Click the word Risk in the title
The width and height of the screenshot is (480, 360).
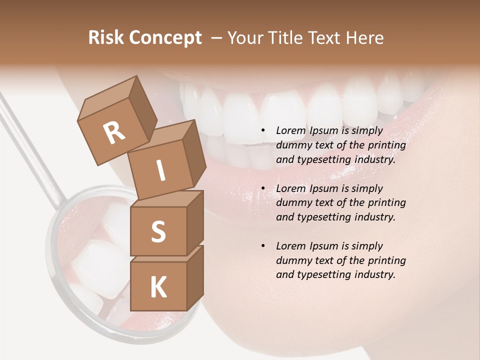(x=106, y=38)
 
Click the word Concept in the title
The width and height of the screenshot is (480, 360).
(x=165, y=38)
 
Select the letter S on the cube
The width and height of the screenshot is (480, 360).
(x=158, y=232)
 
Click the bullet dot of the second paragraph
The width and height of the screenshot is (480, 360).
(x=263, y=188)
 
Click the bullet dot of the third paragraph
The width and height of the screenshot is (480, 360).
(x=263, y=246)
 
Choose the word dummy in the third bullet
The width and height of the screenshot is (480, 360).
(x=293, y=260)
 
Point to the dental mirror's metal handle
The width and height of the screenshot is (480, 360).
(x=30, y=145)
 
